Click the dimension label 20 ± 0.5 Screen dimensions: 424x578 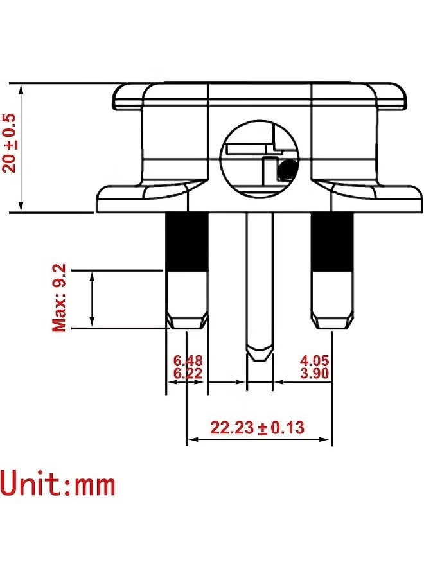[10, 143]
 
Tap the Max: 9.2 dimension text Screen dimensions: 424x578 [59, 298]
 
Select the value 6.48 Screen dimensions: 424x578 [188, 360]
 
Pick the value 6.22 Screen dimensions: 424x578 [188, 373]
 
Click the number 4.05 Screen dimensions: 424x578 [315, 360]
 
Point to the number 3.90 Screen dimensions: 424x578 [315, 373]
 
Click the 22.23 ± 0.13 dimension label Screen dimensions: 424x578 [258, 428]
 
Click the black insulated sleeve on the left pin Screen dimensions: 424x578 [186, 242]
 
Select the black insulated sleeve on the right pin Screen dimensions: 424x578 [332, 242]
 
